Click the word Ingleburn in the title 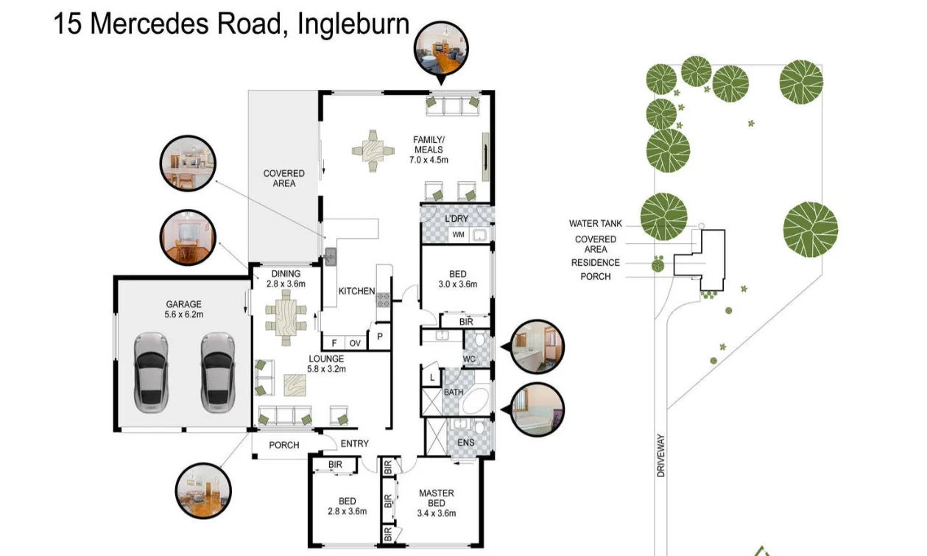[x=353, y=25]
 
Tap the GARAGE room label [x=184, y=304]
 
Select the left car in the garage [x=151, y=373]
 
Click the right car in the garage [x=218, y=373]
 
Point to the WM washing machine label [x=458, y=235]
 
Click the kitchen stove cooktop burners [x=383, y=300]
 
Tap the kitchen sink [x=331, y=257]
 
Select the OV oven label [x=355, y=343]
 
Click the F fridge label [x=334, y=342]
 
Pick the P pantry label [x=380, y=337]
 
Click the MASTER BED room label [x=437, y=498]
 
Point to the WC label [x=469, y=359]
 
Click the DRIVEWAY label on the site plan [x=661, y=455]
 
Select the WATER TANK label [x=596, y=224]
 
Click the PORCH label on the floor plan [x=284, y=445]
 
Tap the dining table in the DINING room [x=286, y=317]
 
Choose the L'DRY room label [x=457, y=219]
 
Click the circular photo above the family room [x=441, y=49]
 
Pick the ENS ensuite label [x=466, y=443]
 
